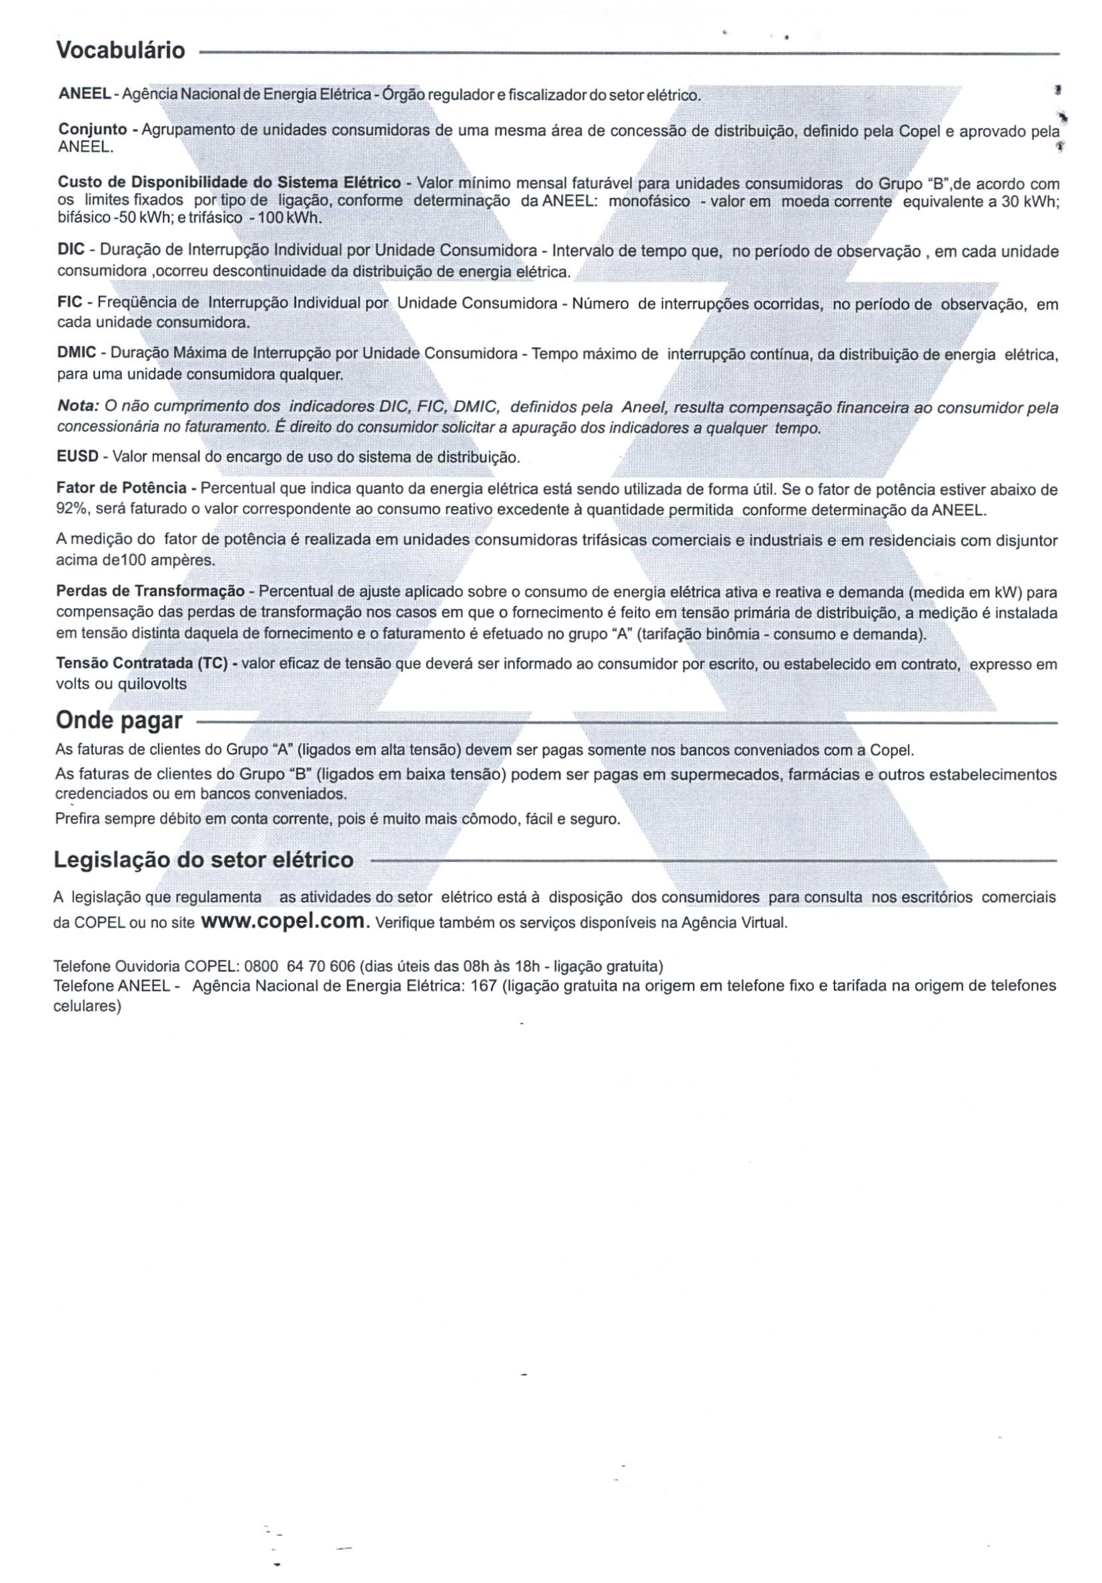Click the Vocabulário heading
(x=121, y=50)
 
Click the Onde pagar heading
(x=119, y=721)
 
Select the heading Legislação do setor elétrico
(x=203, y=860)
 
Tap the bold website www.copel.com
(x=283, y=921)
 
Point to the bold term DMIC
(x=76, y=353)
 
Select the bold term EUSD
(x=77, y=457)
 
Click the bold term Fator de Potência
(x=121, y=489)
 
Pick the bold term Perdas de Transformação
(x=149, y=592)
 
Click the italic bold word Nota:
(x=78, y=407)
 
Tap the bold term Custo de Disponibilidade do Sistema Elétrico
(x=229, y=183)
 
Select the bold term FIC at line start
(x=69, y=302)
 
